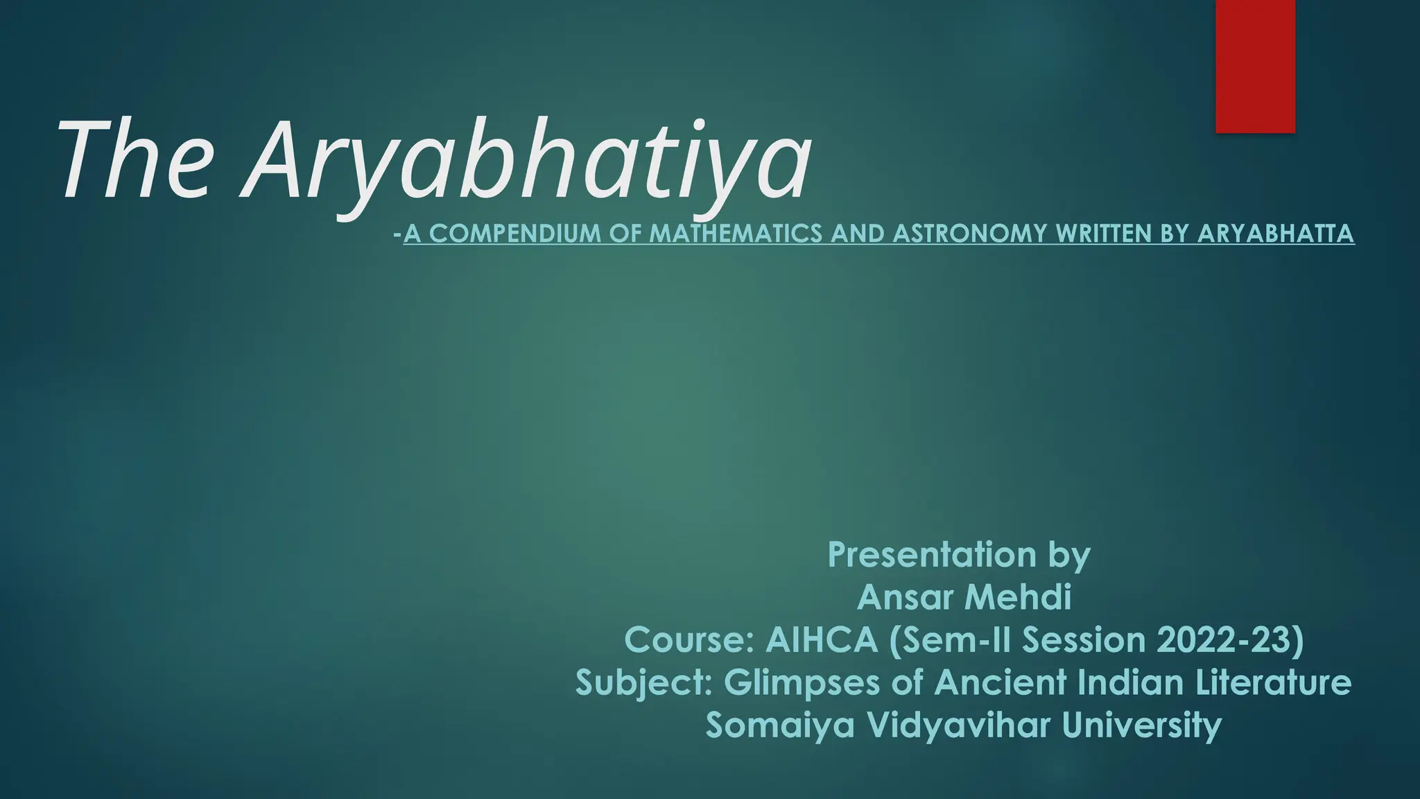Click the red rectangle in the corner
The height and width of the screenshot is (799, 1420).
pos(1255,66)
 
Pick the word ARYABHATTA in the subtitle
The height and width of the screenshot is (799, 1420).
pos(1275,234)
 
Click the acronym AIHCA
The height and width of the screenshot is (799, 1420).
pos(822,640)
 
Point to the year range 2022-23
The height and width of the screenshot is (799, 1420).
pos(1230,640)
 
